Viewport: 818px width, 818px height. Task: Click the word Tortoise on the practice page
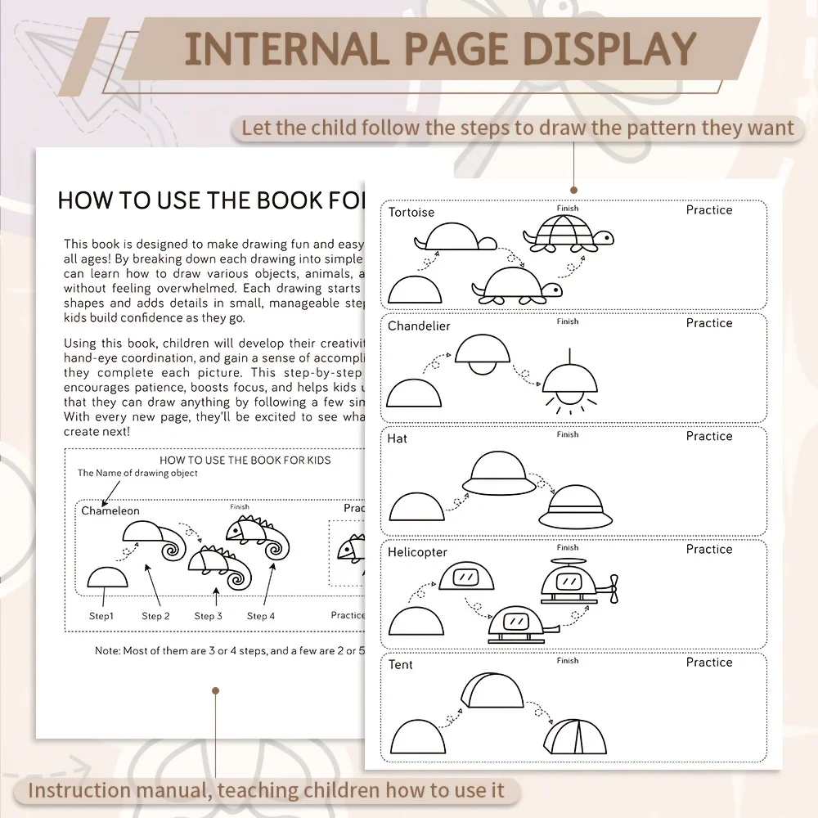tap(411, 213)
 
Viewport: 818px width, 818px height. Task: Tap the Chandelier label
tap(419, 326)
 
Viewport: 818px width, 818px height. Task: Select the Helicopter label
tap(417, 552)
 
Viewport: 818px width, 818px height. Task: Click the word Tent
tap(401, 665)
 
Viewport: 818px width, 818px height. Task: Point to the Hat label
tap(398, 438)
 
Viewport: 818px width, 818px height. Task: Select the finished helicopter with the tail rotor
tap(577, 583)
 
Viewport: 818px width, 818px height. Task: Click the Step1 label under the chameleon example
tap(101, 616)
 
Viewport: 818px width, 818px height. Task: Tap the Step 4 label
tap(261, 616)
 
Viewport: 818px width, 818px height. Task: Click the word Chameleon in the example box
tap(110, 511)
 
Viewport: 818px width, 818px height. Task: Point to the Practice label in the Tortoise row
tap(709, 210)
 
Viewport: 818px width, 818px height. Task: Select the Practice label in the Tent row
tap(709, 663)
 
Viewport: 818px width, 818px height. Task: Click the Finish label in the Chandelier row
tap(568, 321)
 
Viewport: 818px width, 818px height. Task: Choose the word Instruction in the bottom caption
tap(79, 790)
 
